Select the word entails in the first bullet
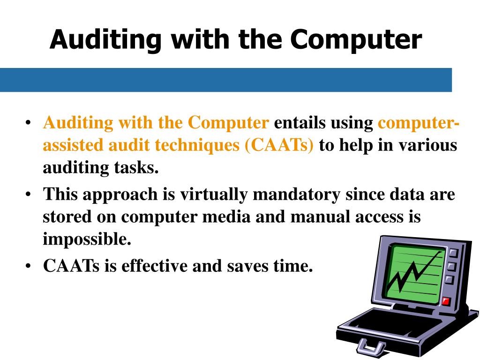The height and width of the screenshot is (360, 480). [x=300, y=123]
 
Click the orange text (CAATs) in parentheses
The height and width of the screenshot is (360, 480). [x=278, y=145]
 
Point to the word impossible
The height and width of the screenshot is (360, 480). [x=87, y=239]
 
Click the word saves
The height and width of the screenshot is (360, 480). [x=250, y=266]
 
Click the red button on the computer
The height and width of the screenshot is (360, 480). [x=445, y=301]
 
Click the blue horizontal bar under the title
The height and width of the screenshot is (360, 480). [x=225, y=80]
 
